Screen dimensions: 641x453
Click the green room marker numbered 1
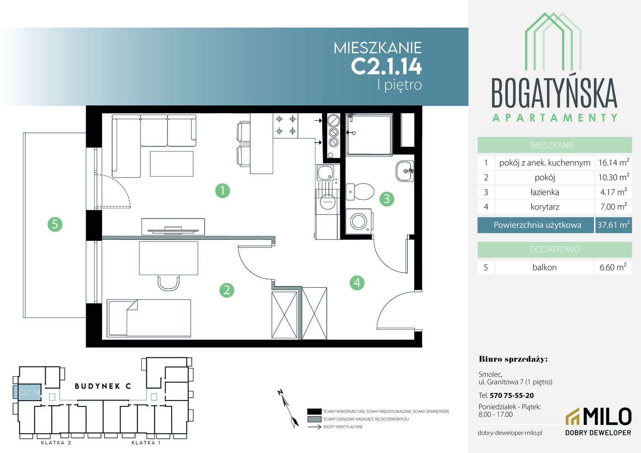[x=222, y=191]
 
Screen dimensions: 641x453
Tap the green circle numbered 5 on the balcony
[x=55, y=224]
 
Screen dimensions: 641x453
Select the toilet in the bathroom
[x=360, y=192]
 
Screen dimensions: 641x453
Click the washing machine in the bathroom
[x=359, y=221]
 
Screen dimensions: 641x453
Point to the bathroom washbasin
[x=405, y=171]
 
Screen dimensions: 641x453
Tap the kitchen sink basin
[x=326, y=173]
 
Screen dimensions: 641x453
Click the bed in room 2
[x=149, y=318]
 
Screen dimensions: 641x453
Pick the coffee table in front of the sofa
[x=172, y=164]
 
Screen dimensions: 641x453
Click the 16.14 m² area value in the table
[x=614, y=163]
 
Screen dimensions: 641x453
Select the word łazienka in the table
[x=545, y=192]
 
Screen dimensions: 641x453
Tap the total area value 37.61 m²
[x=614, y=225]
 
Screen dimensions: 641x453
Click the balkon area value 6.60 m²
[x=613, y=267]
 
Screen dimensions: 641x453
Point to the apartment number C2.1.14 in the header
[x=386, y=66]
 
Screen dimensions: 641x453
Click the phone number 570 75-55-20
[x=512, y=396]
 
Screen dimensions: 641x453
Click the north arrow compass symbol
[x=288, y=409]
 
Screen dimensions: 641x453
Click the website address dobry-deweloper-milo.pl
[x=510, y=433]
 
